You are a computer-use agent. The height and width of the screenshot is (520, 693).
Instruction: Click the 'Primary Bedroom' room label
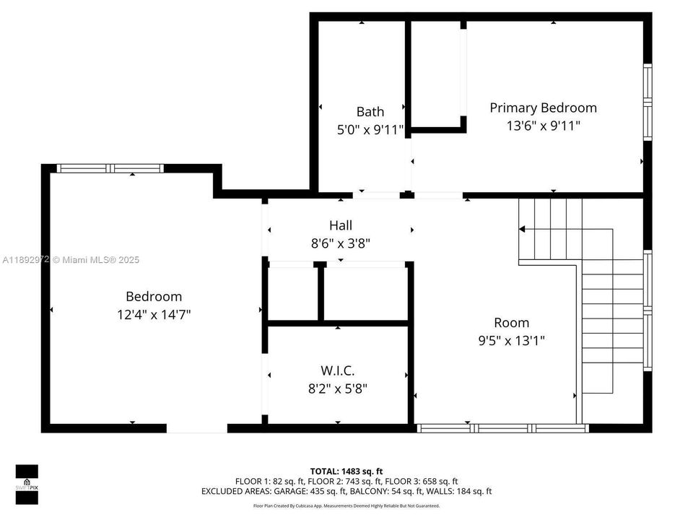click(x=543, y=108)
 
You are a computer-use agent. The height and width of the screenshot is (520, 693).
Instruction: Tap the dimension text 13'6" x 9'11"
click(x=543, y=126)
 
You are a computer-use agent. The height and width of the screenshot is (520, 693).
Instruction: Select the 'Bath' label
click(x=370, y=112)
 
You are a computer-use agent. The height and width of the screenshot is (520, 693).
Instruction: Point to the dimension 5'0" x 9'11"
click(x=370, y=130)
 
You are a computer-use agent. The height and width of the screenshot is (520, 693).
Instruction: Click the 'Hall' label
click(x=341, y=226)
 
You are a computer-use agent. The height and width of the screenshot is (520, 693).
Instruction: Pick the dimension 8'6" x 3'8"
click(x=341, y=244)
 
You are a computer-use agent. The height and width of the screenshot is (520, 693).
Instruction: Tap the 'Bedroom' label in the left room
click(x=154, y=296)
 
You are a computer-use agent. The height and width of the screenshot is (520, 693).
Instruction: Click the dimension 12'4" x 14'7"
click(x=154, y=314)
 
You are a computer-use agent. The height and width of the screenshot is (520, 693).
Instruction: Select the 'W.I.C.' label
click(x=338, y=370)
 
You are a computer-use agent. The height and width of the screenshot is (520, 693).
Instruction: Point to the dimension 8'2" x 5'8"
click(x=338, y=389)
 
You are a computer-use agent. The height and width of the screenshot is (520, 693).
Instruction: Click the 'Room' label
click(x=511, y=323)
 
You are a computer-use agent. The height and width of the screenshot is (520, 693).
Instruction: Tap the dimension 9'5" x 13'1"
click(x=511, y=341)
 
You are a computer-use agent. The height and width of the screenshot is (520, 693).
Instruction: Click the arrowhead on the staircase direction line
click(x=522, y=229)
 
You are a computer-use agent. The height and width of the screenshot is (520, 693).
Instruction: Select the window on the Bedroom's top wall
click(x=110, y=168)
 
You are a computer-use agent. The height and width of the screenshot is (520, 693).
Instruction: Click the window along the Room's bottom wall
click(x=503, y=428)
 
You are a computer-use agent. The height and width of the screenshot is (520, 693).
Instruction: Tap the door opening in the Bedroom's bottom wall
click(x=197, y=428)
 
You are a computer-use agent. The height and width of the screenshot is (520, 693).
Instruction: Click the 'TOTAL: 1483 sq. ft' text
click(x=346, y=469)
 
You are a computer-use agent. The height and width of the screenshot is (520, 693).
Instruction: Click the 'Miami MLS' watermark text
click(x=97, y=260)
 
